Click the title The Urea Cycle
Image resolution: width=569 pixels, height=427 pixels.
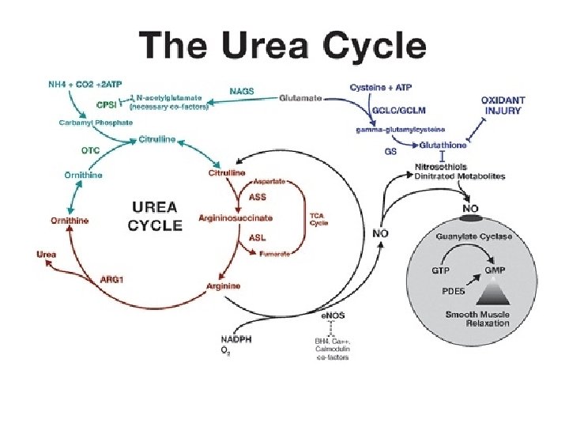point(283,47)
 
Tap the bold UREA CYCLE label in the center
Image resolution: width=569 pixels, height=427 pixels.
point(156,215)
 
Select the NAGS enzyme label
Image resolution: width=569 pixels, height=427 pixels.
point(242,91)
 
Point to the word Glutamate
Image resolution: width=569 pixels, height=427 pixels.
point(300,98)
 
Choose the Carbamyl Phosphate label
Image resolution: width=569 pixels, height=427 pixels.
point(96,122)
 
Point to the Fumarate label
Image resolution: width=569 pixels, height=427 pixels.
point(274,253)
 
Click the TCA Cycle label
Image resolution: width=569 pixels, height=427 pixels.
point(318,218)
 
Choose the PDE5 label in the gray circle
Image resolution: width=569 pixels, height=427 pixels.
point(453,290)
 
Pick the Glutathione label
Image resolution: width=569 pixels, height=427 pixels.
point(443,145)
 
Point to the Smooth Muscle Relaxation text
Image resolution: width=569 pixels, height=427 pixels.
point(477,319)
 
